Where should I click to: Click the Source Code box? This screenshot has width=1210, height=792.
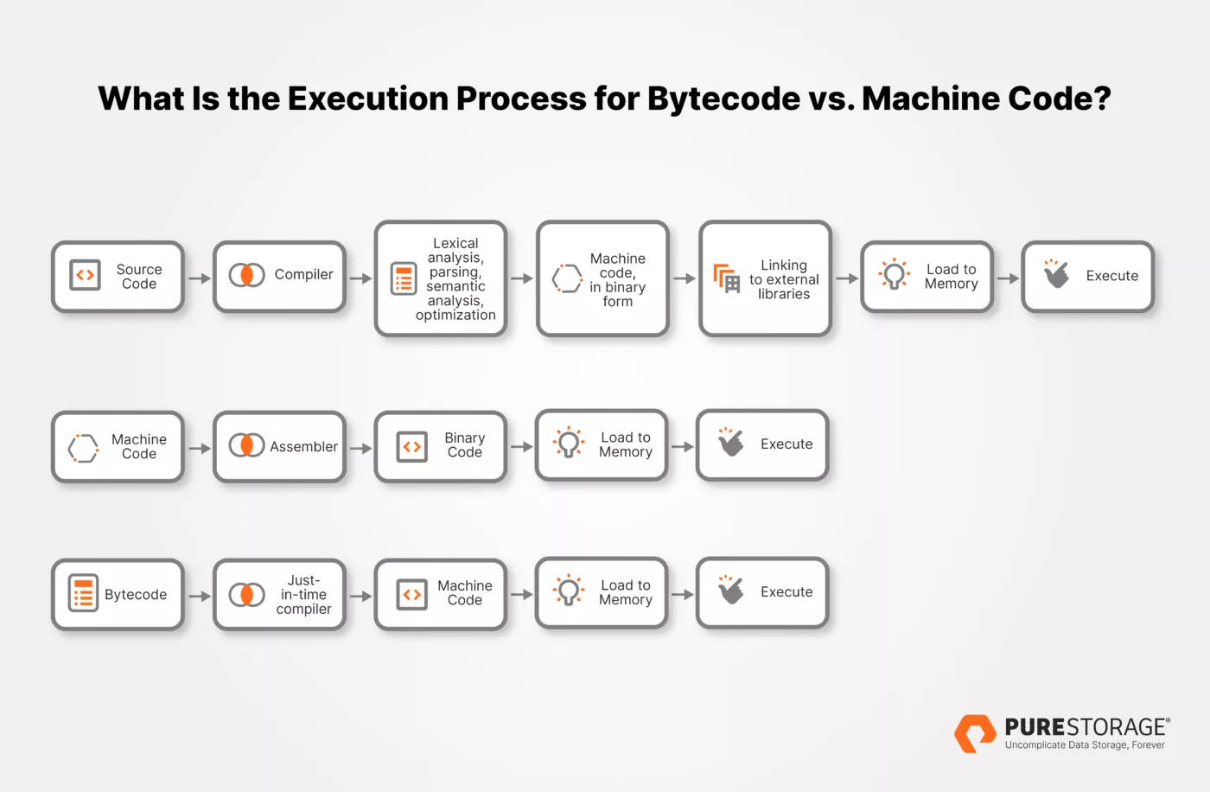tap(118, 277)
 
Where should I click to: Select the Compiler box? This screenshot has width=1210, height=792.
tap(279, 277)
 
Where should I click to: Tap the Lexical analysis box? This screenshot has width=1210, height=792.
tap(441, 278)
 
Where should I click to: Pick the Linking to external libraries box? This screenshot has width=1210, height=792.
tap(765, 278)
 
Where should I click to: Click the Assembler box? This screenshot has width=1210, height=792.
tap(279, 446)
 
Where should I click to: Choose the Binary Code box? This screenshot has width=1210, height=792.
tap(441, 446)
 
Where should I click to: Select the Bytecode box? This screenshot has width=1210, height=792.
tap(118, 595)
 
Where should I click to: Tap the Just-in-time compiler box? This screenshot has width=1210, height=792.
tap(279, 595)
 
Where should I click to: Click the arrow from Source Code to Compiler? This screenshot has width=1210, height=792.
tap(200, 278)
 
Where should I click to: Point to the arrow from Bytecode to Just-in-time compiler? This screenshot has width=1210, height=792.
tap(200, 596)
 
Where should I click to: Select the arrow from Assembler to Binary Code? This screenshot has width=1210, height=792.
tap(361, 448)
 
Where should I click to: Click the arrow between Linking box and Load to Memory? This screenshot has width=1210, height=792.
tap(847, 278)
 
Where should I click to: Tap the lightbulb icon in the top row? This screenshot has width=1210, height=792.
tap(894, 274)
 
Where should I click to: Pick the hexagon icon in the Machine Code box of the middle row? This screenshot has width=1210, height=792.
tap(83, 448)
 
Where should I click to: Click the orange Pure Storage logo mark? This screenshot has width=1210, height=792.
tap(975, 733)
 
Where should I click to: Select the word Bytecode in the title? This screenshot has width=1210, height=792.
tap(723, 99)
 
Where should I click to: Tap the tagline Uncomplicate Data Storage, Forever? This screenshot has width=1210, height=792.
tap(1085, 745)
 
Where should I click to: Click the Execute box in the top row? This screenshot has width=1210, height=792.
tap(1087, 277)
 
